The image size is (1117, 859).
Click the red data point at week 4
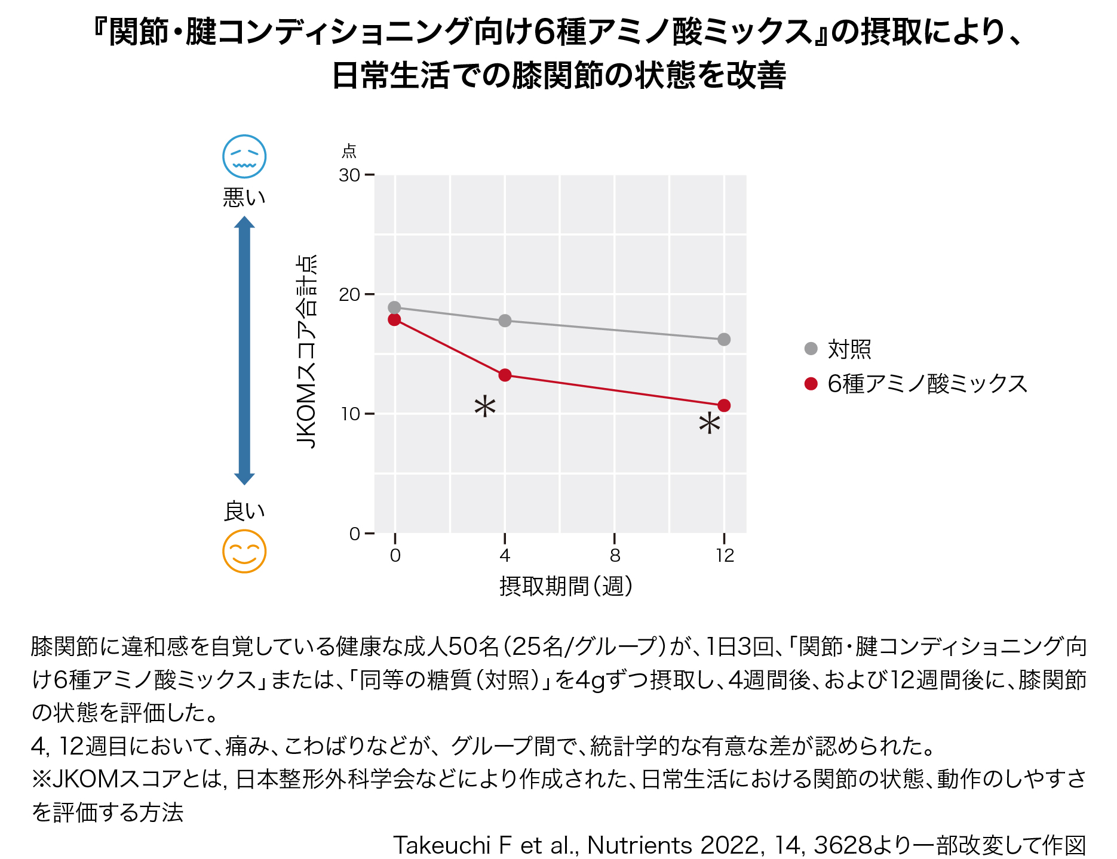pyautogui.click(x=505, y=375)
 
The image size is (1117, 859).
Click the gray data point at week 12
pyautogui.click(x=724, y=339)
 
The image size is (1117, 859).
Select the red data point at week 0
pyautogui.click(x=394, y=319)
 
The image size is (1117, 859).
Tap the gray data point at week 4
pyautogui.click(x=505, y=321)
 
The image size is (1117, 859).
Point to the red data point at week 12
pyautogui.click(x=724, y=405)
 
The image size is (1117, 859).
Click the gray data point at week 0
pyautogui.click(x=394, y=307)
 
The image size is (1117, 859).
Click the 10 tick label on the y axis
pyautogui.click(x=350, y=414)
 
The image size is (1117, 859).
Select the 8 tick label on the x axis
pyautogui.click(x=615, y=556)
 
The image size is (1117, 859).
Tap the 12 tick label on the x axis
pyautogui.click(x=725, y=556)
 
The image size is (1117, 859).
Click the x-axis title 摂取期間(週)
pyautogui.click(x=566, y=586)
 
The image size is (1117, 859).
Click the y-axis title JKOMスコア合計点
pyautogui.click(x=307, y=352)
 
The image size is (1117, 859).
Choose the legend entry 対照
pyautogui.click(x=849, y=349)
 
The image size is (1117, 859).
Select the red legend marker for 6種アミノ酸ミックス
pyautogui.click(x=811, y=384)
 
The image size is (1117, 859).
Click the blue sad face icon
pyautogui.click(x=244, y=156)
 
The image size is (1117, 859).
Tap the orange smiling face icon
pyautogui.click(x=244, y=551)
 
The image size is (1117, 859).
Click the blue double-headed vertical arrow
pyautogui.click(x=244, y=350)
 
